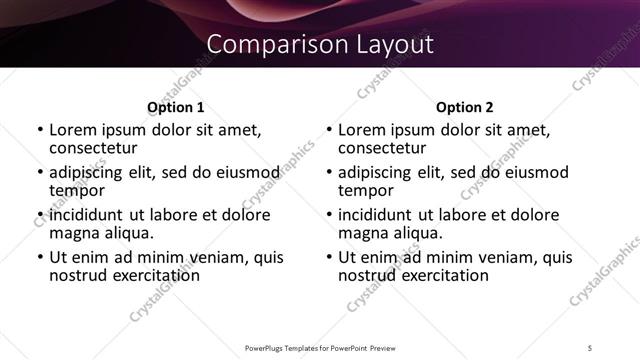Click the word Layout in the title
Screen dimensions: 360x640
click(393, 45)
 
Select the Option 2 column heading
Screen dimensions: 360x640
click(465, 107)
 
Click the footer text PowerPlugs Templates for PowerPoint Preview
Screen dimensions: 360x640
click(320, 348)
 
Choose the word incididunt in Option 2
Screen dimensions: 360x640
click(380, 214)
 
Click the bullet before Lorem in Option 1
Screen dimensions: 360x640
click(40, 130)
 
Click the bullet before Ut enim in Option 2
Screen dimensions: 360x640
click(330, 257)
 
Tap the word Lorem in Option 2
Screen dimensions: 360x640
click(362, 129)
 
